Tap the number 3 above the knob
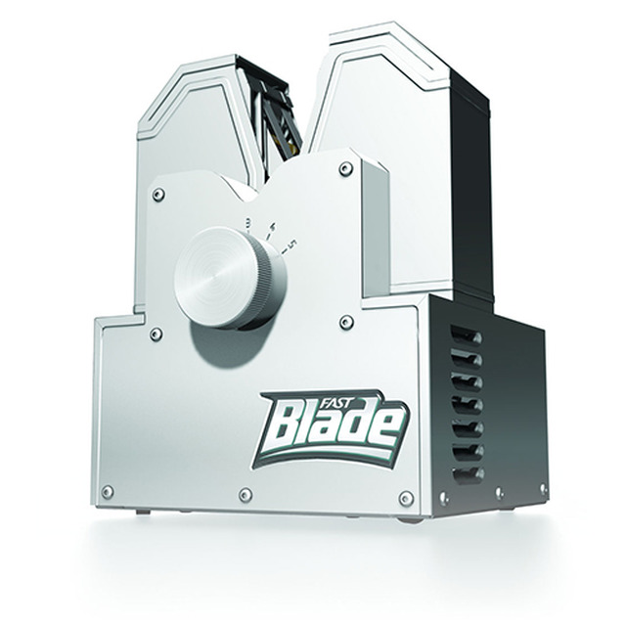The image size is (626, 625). tap(247, 222)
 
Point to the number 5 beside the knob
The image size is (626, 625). tap(293, 244)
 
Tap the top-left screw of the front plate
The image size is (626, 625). tap(158, 195)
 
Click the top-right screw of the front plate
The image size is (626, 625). tap(345, 169)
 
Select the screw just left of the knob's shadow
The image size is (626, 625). tap(156, 335)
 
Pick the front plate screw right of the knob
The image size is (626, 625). tap(346, 322)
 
